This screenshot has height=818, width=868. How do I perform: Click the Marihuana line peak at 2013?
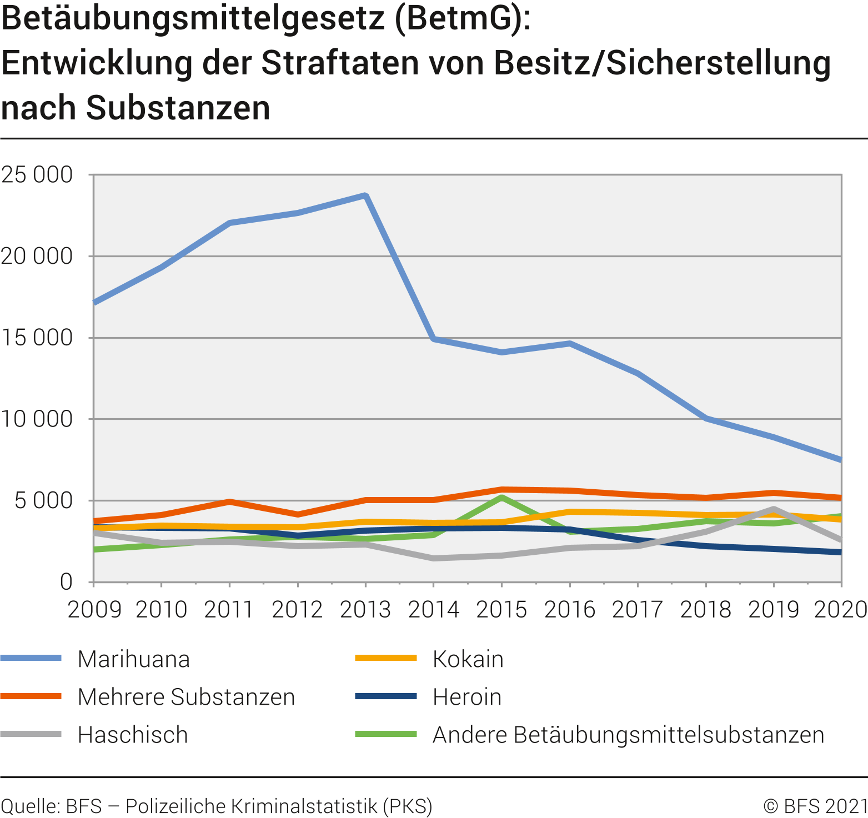pos(365,195)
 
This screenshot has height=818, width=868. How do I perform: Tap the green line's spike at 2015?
pos(501,498)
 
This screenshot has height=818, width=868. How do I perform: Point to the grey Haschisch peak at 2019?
pos(773,509)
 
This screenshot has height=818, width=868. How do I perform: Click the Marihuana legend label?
pos(134,659)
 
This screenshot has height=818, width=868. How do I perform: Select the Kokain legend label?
pos(468,659)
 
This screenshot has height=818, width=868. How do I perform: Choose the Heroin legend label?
pos(467,697)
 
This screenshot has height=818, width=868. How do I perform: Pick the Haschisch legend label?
pos(133,735)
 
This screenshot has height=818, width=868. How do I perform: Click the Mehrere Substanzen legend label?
pos(186,697)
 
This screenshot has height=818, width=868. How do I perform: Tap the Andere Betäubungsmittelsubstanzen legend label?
pos(628,735)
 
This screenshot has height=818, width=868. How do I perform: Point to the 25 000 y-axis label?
pos(37,175)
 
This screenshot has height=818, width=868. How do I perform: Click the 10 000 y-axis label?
pos(37,419)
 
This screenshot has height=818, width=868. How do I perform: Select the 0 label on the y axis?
pos(66,582)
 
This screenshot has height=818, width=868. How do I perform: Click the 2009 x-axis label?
pos(94,610)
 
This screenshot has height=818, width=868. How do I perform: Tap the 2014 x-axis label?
pos(434,610)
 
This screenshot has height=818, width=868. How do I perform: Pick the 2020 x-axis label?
pos(840,610)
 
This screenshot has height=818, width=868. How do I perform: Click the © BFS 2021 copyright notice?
pos(815,806)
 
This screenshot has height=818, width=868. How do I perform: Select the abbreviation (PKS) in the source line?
pos(407,806)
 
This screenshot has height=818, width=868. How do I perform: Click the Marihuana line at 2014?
pos(434,338)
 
